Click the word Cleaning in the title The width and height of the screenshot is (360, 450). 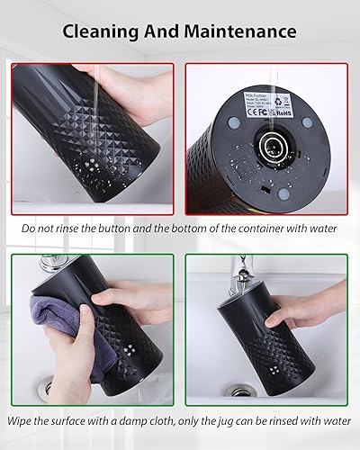(x=103, y=31)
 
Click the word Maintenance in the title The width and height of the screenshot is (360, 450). (x=242, y=31)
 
